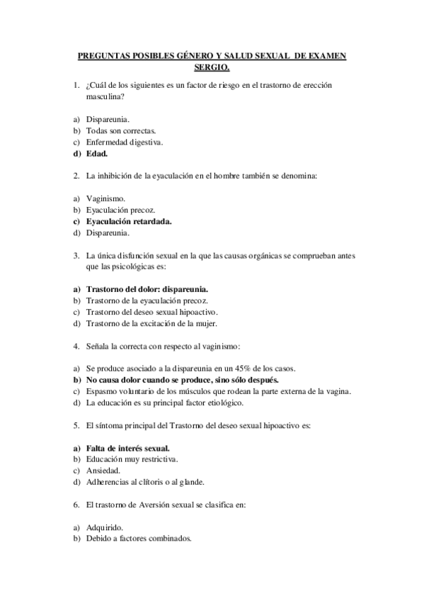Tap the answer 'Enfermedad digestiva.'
coord(124,142)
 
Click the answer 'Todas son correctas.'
coord(121,131)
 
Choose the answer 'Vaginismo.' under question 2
coord(105,199)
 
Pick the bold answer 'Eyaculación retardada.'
coord(129,221)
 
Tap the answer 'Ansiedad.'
coord(103,471)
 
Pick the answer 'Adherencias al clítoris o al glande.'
coord(145,482)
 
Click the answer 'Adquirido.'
coord(104,527)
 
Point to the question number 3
coord(76,255)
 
